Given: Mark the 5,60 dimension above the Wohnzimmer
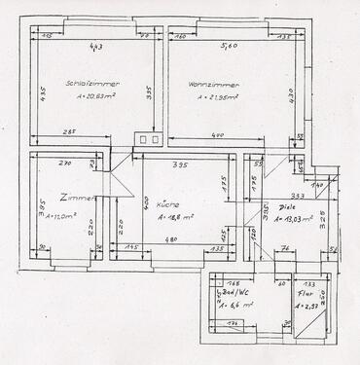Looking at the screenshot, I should tap(226, 45).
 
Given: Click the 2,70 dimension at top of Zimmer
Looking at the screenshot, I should tap(66, 165).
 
